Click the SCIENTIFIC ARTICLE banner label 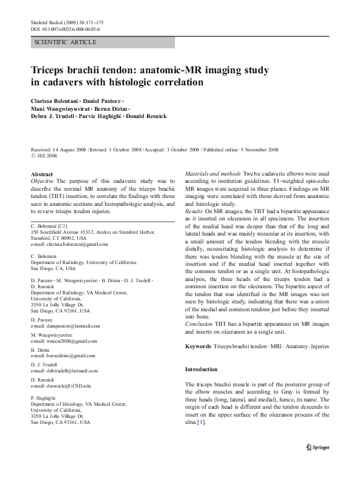pos(66,42)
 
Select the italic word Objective pos(42,181)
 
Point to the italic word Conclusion pos(199,323)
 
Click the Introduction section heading pos(201,369)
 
